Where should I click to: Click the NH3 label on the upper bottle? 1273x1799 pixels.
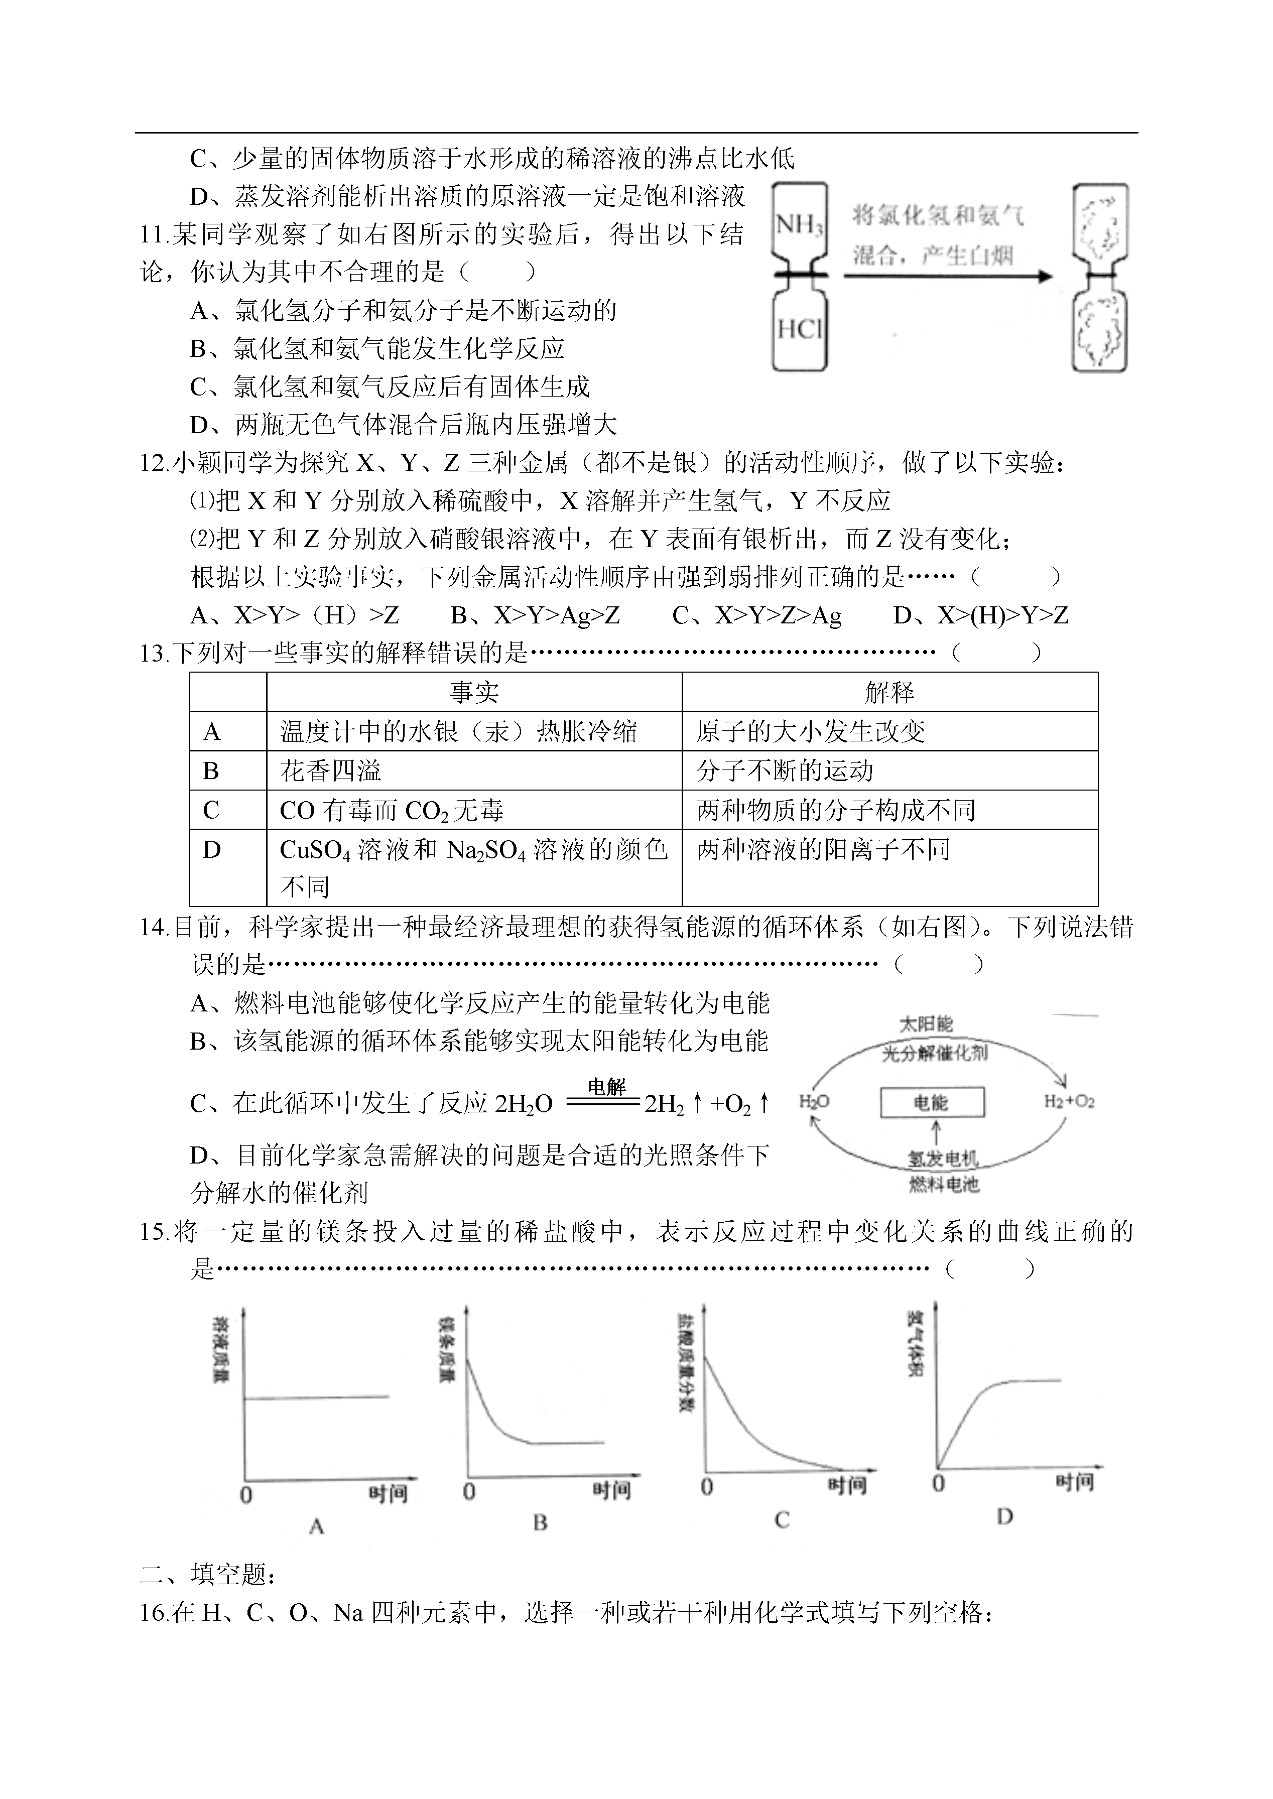point(799,226)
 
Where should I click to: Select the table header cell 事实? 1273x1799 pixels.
point(474,692)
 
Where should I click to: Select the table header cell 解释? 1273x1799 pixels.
point(889,692)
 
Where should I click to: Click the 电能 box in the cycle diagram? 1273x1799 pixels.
point(931,1103)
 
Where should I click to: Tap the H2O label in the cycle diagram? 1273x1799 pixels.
point(814,1101)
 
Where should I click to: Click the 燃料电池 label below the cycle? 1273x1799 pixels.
point(944,1184)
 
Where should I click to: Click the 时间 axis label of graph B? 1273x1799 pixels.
point(611,1489)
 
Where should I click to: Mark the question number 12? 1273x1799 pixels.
point(154,464)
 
